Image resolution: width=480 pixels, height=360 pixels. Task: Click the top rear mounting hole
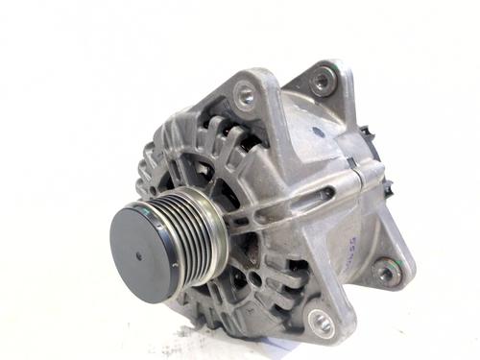pos(323,80)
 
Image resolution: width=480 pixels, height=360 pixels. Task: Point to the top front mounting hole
pos(246,94)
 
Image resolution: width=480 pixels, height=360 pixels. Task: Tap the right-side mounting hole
pos(388,272)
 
